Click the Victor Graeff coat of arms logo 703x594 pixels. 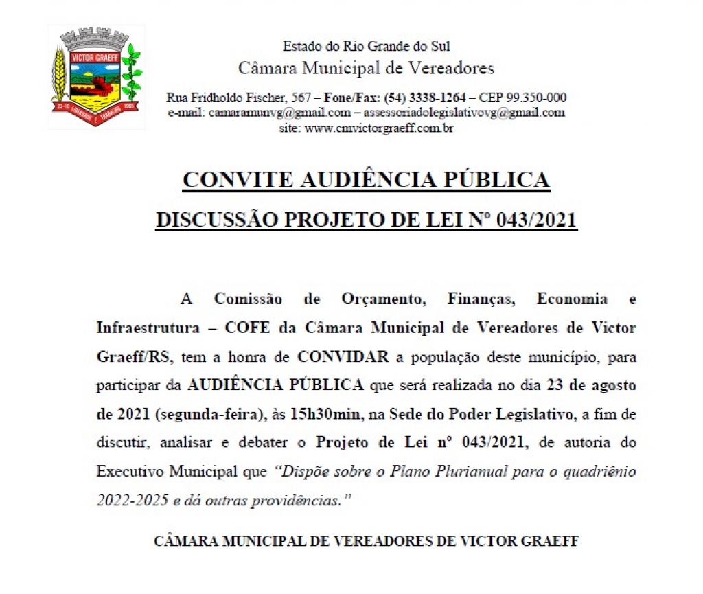click(96, 77)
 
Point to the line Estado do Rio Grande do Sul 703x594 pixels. click(366, 47)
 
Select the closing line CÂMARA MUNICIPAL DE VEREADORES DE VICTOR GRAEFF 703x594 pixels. click(366, 541)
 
